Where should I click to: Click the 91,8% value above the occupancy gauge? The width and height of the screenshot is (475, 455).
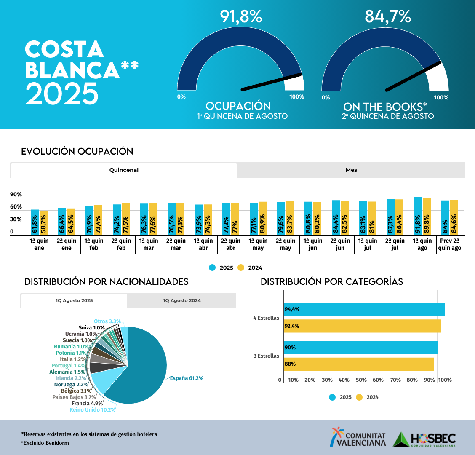tap(241, 16)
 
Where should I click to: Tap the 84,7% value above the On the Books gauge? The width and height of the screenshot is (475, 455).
tap(387, 16)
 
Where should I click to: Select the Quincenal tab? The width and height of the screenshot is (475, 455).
tap(124, 170)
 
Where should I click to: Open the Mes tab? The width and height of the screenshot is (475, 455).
tap(351, 170)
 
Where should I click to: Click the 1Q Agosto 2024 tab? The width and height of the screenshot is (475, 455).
tap(182, 301)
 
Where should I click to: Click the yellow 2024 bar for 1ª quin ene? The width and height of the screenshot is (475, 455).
tap(43, 223)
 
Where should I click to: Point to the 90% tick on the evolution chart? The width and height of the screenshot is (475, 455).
tap(16, 195)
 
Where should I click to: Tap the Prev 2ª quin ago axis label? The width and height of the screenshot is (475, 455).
tap(450, 244)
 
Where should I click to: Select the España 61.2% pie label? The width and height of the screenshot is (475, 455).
tap(187, 378)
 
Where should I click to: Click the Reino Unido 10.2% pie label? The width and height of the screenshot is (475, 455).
tap(92, 410)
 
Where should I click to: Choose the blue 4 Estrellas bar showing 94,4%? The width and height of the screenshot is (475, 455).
tap(364, 309)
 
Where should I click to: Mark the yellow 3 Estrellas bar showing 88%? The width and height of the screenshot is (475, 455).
tap(358, 364)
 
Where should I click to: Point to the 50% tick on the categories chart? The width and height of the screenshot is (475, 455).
tap(361, 380)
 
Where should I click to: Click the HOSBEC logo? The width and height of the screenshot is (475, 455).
tap(424, 439)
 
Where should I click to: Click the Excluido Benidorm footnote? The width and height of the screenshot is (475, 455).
tap(45, 443)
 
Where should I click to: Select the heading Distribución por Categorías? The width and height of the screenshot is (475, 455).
tap(332, 281)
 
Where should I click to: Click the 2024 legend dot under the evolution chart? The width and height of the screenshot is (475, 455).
tap(241, 268)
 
